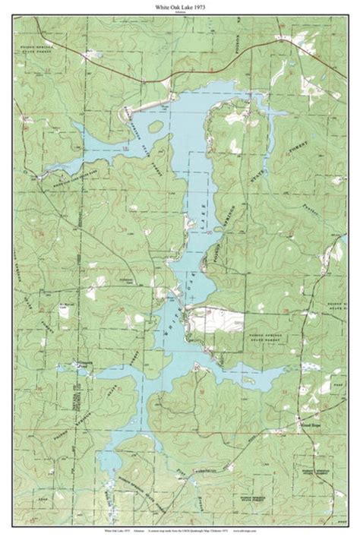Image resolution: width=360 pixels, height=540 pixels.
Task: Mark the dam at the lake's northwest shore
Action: tap(144, 102)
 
